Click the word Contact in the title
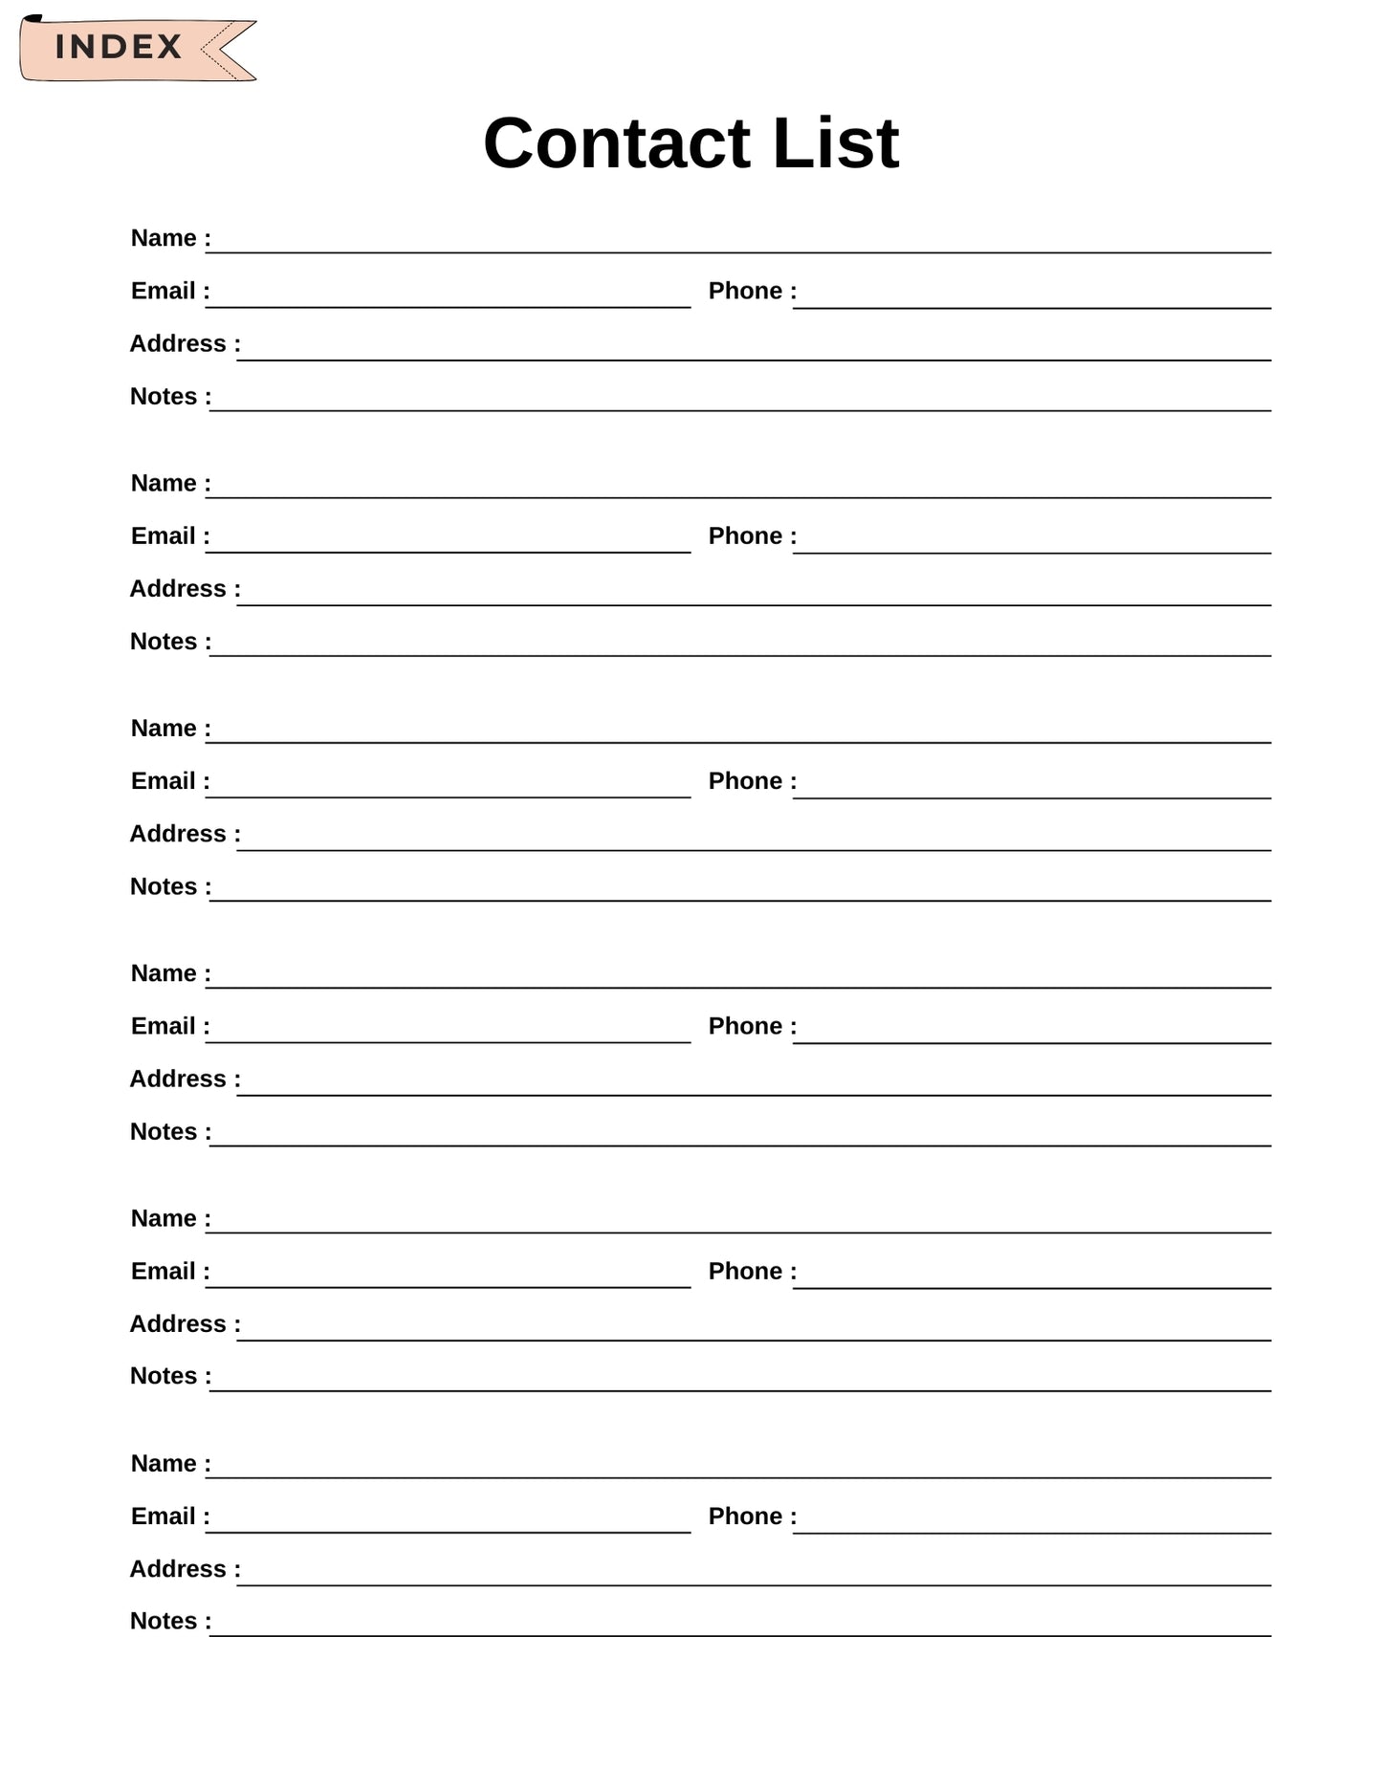pyautogui.click(x=616, y=143)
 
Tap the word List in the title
pyautogui.click(x=835, y=143)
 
